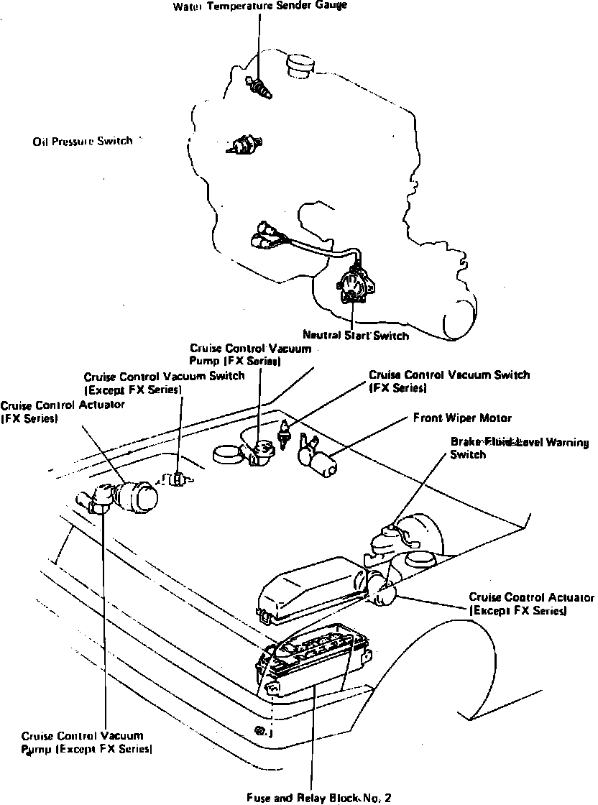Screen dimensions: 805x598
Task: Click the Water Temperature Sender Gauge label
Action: [260, 6]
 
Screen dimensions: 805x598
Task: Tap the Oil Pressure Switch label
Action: [83, 142]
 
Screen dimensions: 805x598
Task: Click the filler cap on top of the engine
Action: [298, 64]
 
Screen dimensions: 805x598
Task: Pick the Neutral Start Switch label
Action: [355, 336]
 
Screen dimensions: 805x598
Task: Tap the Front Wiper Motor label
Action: [462, 418]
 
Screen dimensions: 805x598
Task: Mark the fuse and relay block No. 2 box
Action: [312, 665]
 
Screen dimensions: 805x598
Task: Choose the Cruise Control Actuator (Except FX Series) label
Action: [531, 604]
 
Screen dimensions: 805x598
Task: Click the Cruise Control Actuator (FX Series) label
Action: [62, 411]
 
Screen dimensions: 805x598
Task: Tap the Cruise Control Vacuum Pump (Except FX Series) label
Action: [86, 742]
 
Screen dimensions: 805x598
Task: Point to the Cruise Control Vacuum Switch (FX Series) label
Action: [448, 381]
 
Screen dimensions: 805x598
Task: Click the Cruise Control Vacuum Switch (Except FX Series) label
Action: [163, 382]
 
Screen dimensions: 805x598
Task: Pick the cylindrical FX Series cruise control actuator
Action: [137, 495]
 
